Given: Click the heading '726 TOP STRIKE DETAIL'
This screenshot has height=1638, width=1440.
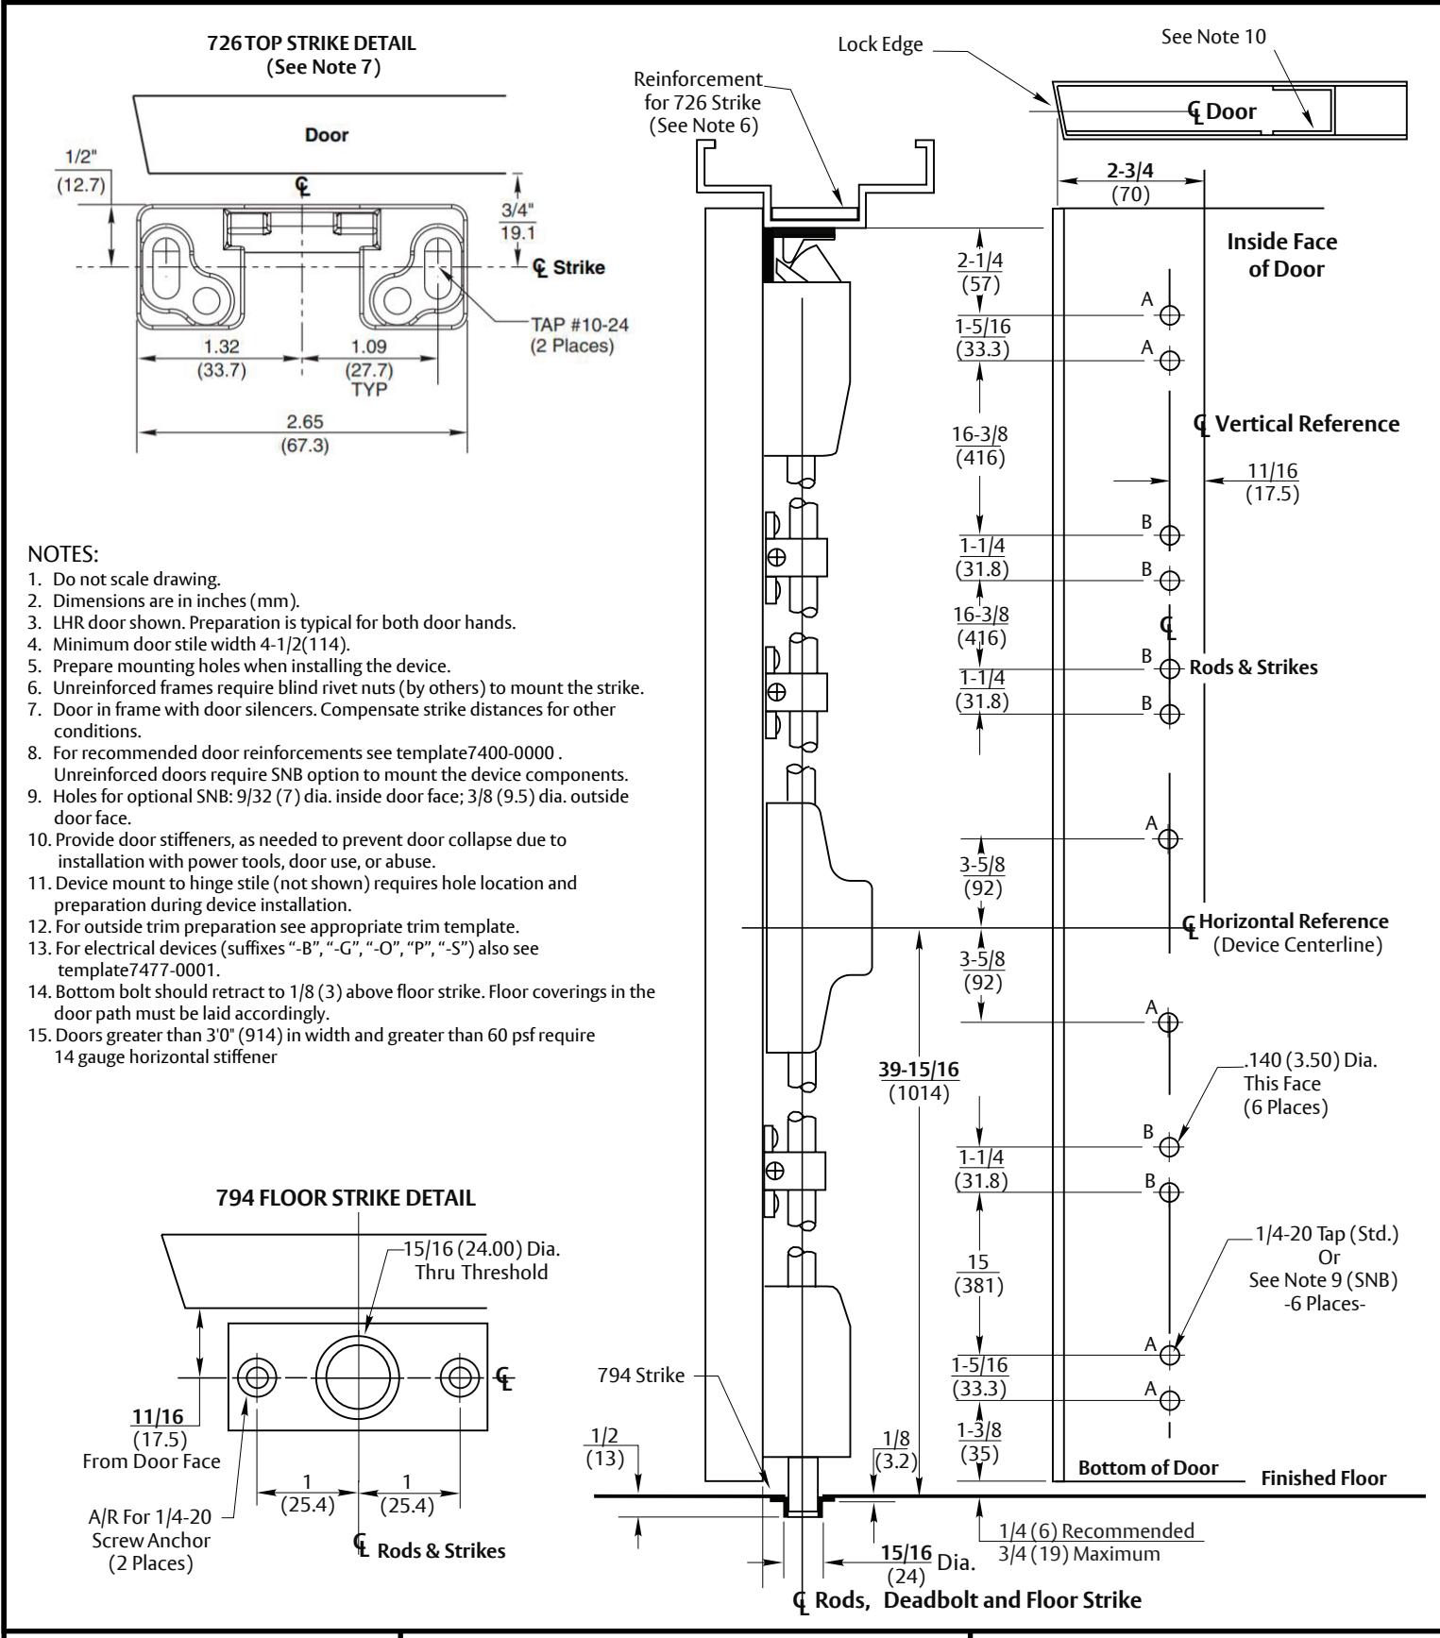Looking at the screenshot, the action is [x=312, y=43].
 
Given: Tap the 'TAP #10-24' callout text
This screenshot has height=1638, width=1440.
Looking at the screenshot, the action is [x=579, y=324].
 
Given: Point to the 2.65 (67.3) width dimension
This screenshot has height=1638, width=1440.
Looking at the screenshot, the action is [x=303, y=434].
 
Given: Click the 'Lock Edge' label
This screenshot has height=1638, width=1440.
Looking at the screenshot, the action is [x=880, y=44].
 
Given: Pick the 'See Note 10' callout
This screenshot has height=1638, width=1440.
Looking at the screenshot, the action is [x=1213, y=36].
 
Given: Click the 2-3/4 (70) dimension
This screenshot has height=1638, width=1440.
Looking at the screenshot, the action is [x=1130, y=181].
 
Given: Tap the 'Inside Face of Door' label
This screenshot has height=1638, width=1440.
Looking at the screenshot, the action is [x=1282, y=255].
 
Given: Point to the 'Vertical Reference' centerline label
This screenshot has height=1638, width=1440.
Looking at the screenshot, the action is [x=1307, y=424].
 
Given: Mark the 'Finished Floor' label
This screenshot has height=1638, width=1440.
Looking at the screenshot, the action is [x=1324, y=1478].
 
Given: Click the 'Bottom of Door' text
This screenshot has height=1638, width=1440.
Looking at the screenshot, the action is [x=1147, y=1468].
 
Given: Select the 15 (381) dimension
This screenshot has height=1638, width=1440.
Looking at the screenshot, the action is [x=978, y=1275].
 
